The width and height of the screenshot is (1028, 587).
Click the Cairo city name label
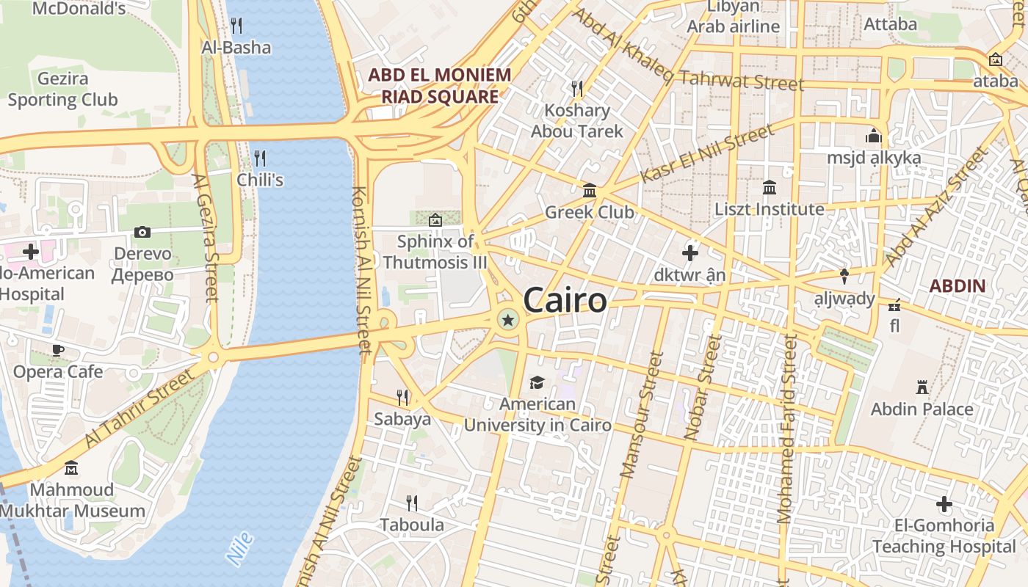pos(565,300)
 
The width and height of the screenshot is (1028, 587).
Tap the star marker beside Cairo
pos(507,319)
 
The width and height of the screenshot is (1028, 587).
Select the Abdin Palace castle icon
pos(922,387)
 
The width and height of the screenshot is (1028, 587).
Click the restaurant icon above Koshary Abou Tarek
pos(577,89)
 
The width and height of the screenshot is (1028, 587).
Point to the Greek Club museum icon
pos(589,191)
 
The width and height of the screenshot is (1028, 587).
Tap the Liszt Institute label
pos(770,209)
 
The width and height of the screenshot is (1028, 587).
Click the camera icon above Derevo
pos(142,232)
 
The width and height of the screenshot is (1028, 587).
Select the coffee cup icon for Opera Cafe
pos(58,350)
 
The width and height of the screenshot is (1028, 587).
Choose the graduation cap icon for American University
pos(537,382)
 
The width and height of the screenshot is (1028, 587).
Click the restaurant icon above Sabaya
pos(402,397)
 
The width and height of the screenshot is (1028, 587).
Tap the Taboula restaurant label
pos(412,525)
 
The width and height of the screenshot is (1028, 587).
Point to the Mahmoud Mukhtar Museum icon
pos(71,467)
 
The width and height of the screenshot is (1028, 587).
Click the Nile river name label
pos(240,548)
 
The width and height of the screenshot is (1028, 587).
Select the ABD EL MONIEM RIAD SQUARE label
pos(439,85)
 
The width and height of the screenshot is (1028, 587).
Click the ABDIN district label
pos(958,285)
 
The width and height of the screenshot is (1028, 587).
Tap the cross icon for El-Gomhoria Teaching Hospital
pos(944,504)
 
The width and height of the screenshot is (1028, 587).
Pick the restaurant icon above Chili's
pos(259,158)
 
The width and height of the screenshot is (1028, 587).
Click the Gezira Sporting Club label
pos(62,89)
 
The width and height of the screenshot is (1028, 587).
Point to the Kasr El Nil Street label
pos(707,154)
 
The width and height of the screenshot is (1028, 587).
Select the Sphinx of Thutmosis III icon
pos(435,219)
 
